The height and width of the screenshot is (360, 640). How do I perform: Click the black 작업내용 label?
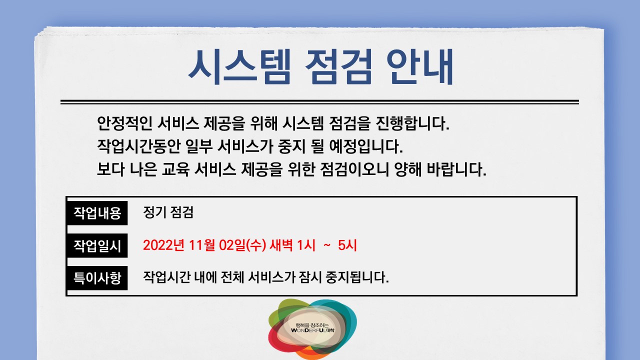(97, 213)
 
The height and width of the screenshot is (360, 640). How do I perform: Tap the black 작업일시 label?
(97, 245)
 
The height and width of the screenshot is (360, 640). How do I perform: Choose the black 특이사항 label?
(97, 277)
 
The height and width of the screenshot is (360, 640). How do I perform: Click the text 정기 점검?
(168, 213)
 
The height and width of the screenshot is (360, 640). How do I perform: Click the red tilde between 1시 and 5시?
(327, 245)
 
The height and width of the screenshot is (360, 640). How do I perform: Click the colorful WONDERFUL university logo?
(312, 328)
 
